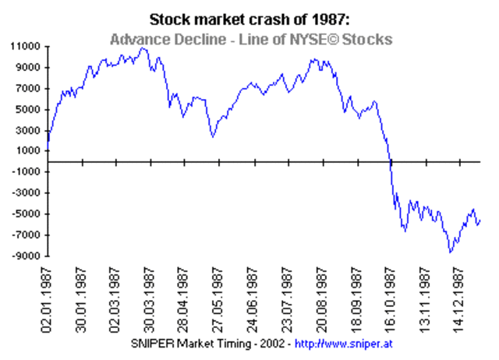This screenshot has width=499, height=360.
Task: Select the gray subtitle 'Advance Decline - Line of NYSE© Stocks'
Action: point(250,38)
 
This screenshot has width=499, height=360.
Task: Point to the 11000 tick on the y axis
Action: point(26,47)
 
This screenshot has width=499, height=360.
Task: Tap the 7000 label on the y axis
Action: point(29,89)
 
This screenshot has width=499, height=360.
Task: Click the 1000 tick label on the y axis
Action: point(29,152)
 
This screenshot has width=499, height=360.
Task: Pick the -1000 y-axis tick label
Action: point(27,173)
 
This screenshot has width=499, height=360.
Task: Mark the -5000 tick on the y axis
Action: point(27,215)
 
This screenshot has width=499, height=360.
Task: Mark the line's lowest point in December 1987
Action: point(450,252)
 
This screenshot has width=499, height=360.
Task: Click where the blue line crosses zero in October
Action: point(390,162)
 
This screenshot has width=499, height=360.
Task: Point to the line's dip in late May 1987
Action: point(213,137)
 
